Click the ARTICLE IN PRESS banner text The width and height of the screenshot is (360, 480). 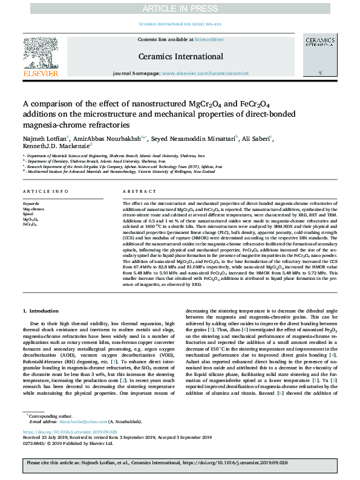[x=180, y=8]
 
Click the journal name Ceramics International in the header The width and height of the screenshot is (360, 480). [x=180, y=56]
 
